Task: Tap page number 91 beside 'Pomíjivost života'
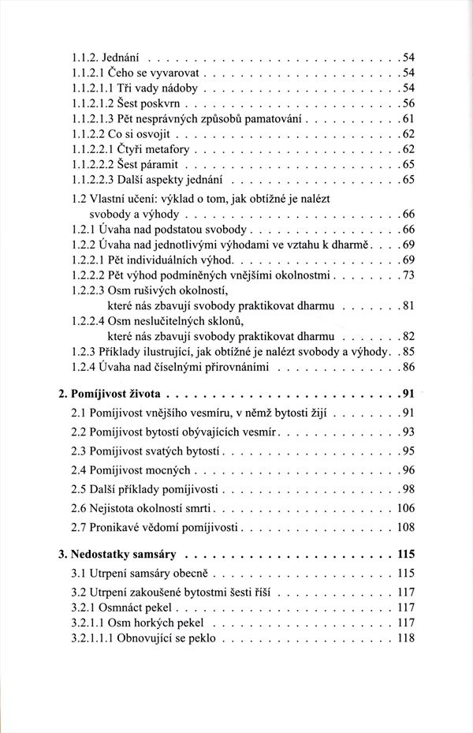(406, 394)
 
